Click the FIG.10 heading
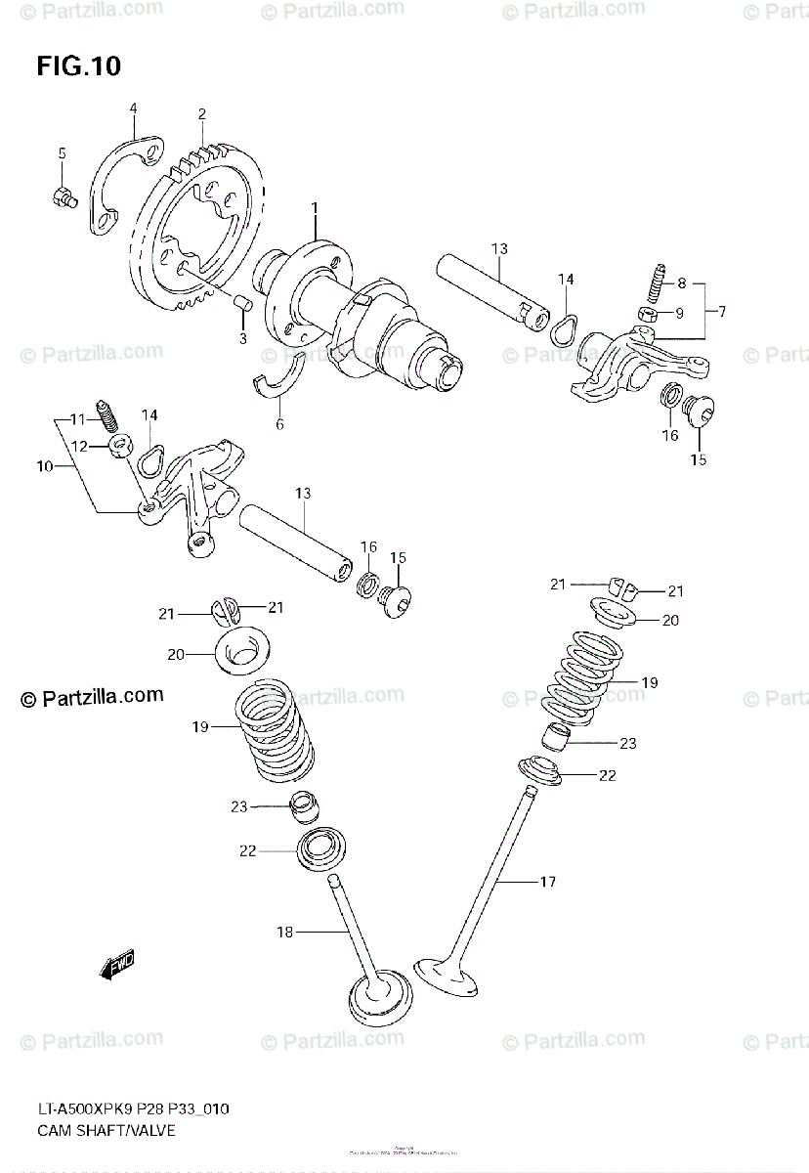[x=78, y=66]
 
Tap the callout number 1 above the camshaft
[x=315, y=208]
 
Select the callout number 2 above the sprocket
[x=201, y=114]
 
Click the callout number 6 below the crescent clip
[x=279, y=424]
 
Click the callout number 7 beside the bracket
[x=721, y=311]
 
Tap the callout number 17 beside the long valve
[x=547, y=882]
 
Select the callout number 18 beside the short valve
[x=283, y=933]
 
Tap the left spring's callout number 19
[x=200, y=726]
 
